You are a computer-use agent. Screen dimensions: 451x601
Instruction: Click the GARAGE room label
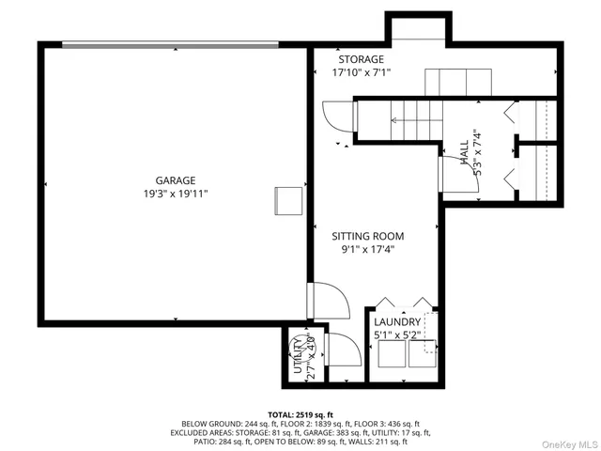pyautogui.click(x=176, y=179)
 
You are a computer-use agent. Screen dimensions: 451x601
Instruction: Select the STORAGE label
pyautogui.click(x=362, y=58)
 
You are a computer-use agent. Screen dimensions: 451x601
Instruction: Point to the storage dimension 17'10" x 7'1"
pyautogui.click(x=362, y=72)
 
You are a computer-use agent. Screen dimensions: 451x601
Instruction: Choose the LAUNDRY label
pyautogui.click(x=398, y=321)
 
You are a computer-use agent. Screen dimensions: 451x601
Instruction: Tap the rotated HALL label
pyautogui.click(x=464, y=148)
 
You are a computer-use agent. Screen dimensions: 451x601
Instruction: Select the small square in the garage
pyautogui.click(x=287, y=201)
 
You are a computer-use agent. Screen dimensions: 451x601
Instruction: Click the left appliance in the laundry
pyautogui.click(x=387, y=354)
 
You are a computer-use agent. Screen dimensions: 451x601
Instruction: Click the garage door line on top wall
pyautogui.click(x=170, y=43)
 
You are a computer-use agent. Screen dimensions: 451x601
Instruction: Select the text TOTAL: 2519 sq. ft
pyautogui.click(x=300, y=413)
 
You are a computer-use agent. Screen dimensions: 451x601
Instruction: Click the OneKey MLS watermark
pyautogui.click(x=569, y=443)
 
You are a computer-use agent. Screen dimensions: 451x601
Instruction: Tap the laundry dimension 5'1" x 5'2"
pyautogui.click(x=398, y=334)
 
